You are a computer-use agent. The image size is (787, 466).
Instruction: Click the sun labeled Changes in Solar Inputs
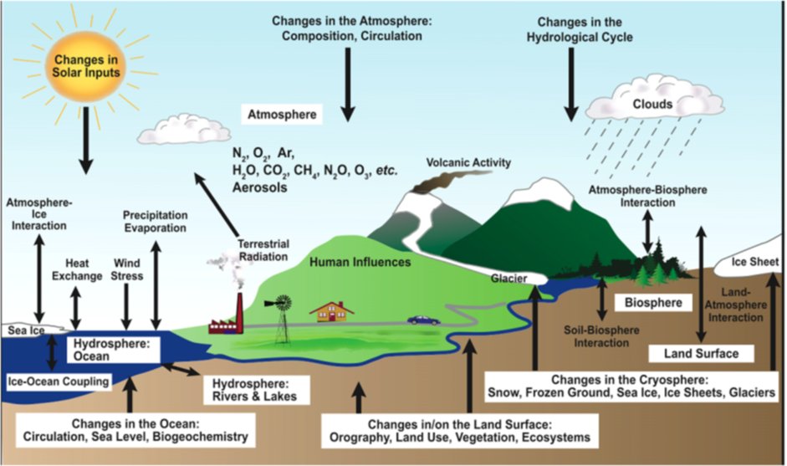86,66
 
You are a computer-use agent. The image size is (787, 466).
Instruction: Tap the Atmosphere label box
282,115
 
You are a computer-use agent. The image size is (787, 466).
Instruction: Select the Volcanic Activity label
468,162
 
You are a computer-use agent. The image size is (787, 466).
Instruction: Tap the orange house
332,311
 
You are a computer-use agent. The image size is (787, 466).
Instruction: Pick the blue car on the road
423,320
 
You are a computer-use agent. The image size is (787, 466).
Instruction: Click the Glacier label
509,279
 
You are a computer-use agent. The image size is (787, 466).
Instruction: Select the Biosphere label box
653,303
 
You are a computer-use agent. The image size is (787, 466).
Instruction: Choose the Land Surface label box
701,354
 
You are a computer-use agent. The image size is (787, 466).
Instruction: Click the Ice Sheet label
755,262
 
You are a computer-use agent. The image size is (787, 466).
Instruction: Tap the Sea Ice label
26,330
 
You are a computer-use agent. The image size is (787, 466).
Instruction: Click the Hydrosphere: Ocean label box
114,350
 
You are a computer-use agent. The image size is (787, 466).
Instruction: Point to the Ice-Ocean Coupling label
59,382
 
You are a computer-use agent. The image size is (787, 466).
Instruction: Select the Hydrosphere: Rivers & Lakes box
254,390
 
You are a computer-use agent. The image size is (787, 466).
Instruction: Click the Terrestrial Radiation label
263,250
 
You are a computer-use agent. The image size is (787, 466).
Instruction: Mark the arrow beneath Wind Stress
126,307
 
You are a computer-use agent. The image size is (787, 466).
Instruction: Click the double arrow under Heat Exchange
75,309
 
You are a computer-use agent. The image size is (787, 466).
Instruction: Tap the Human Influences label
360,262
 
